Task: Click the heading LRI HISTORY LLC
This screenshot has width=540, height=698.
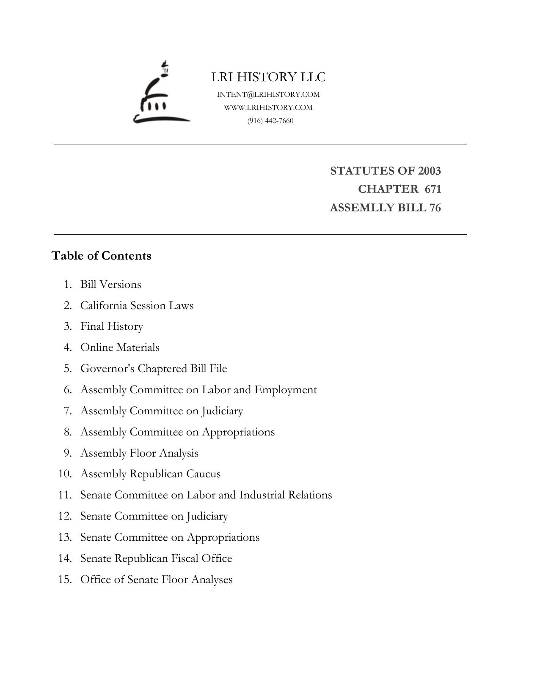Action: pos(268,77)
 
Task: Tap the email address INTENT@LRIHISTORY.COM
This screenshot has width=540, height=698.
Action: pos(268,95)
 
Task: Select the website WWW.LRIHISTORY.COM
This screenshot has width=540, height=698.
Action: pos(268,108)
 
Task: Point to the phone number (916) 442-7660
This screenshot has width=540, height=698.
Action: pos(270,121)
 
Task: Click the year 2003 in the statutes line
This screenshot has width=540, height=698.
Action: pos(429,171)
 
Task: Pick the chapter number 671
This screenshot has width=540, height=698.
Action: pos(433,189)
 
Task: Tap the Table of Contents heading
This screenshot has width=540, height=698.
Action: pos(102,256)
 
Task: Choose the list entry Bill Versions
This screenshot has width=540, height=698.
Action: pos(110,285)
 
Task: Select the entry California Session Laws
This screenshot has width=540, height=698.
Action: pos(137,306)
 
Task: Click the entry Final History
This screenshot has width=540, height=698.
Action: pos(112,326)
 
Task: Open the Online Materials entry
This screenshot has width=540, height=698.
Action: pos(120,348)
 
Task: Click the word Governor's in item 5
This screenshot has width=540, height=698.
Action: pos(107,369)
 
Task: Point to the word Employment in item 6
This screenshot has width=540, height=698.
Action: pos(285,390)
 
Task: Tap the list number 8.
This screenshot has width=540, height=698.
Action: pos(68,432)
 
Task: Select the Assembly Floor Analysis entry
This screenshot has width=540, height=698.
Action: pos(139,453)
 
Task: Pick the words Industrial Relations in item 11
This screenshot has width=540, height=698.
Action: pos(286,495)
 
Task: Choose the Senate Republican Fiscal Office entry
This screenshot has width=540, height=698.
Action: pos(156,558)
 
